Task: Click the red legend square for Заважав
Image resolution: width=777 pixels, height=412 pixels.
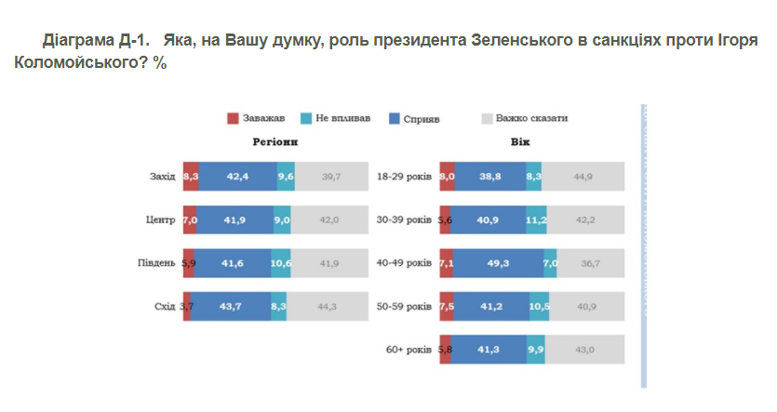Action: point(233,119)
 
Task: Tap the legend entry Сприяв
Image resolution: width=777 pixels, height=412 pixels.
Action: point(422,119)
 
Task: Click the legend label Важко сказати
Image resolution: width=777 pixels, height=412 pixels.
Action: point(531,119)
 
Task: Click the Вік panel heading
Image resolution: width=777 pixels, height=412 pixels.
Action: point(521,142)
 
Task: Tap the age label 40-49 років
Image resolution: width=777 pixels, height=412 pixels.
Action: point(404,263)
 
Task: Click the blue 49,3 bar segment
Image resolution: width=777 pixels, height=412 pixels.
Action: point(498,263)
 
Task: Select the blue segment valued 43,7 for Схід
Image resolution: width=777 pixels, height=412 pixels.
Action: point(231,307)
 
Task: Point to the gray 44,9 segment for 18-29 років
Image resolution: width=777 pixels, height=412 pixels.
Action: point(583,176)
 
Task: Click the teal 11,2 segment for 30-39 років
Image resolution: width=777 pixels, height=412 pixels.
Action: point(536,219)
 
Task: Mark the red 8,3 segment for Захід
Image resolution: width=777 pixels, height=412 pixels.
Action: point(191,176)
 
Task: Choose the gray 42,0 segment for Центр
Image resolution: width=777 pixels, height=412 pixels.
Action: point(330,219)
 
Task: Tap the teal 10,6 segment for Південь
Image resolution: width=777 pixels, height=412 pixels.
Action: point(281,263)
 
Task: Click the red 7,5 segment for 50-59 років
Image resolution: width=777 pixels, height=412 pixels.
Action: point(447,307)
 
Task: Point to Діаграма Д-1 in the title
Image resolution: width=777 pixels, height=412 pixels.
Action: point(96,42)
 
